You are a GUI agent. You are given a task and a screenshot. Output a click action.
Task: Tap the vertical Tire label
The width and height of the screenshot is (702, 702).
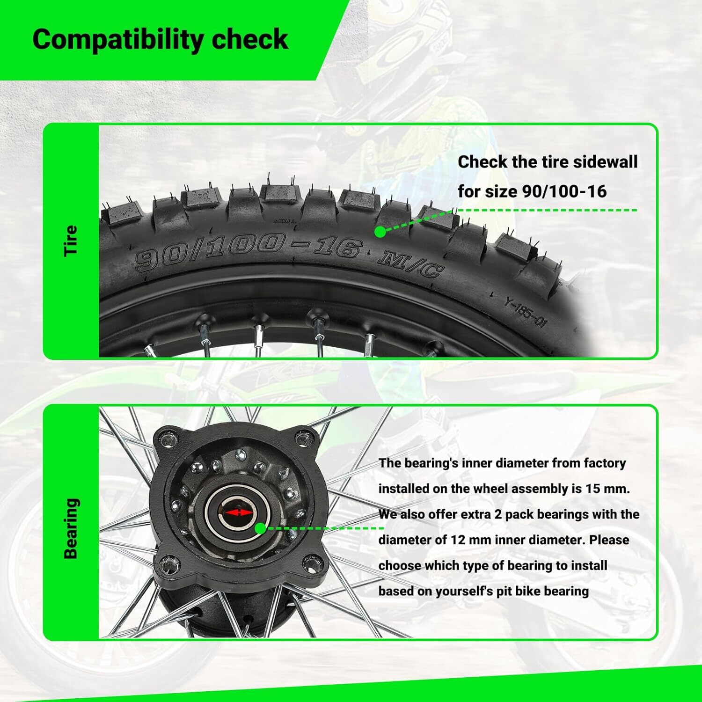(x=71, y=241)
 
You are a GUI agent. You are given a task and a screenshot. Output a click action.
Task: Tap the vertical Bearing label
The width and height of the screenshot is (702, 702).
(x=71, y=528)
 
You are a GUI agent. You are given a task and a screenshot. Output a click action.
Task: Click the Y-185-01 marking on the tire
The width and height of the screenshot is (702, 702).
(x=526, y=312)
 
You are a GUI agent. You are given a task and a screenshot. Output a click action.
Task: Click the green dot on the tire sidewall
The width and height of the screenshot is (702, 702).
(x=380, y=232)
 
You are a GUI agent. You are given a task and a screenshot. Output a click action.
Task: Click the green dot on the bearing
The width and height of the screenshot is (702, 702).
(x=260, y=528)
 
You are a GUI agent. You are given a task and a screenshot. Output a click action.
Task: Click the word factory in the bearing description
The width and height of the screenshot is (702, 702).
(x=605, y=463)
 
